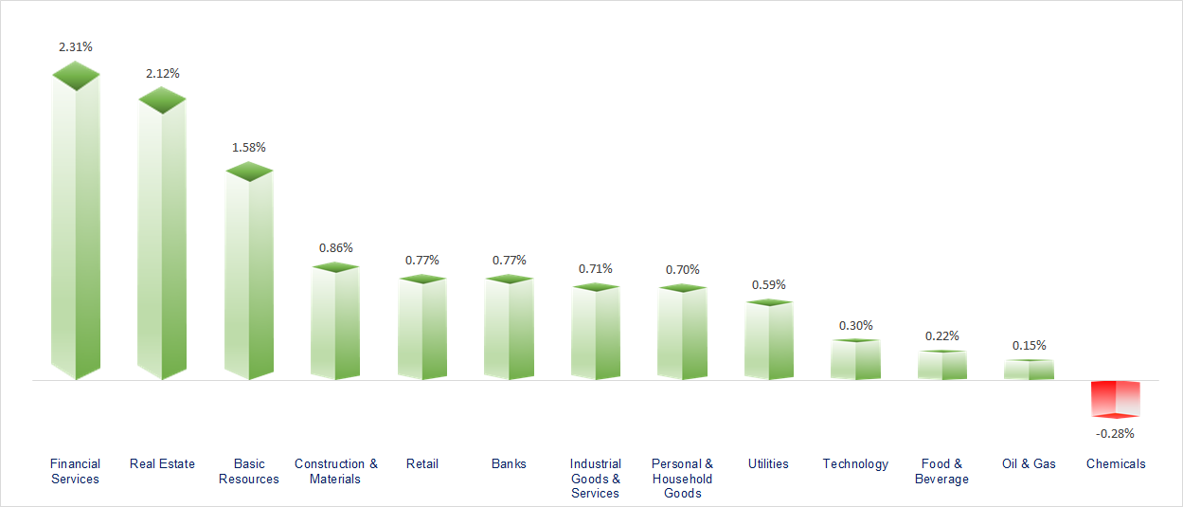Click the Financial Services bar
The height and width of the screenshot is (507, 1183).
coord(76,227)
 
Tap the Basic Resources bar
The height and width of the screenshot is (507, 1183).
coord(249,275)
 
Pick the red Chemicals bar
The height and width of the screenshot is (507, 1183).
coord(1116,398)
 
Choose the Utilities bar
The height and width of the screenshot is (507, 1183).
coord(769,341)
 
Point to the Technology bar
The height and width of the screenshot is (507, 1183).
coord(855,360)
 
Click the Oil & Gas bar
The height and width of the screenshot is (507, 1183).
coord(1029,370)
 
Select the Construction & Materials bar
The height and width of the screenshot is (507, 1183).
coord(335,322)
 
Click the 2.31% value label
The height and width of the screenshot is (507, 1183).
coord(76,45)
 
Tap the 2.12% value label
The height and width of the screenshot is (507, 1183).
coord(162,73)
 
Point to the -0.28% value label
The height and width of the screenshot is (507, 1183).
coord(1115,433)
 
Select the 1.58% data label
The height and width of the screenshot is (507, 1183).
coord(249,148)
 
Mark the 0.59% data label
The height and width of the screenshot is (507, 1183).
coord(768,284)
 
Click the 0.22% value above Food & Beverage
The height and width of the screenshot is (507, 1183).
coord(941,335)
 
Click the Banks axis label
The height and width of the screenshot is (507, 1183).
coord(509,463)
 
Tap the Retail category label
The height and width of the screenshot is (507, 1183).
coord(422,463)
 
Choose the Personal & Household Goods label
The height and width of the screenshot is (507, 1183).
coord(682,478)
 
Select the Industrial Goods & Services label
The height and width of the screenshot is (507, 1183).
coord(596,478)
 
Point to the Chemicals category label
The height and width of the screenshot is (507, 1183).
coord(1116,463)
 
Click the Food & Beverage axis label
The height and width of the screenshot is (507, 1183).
coord(941,471)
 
